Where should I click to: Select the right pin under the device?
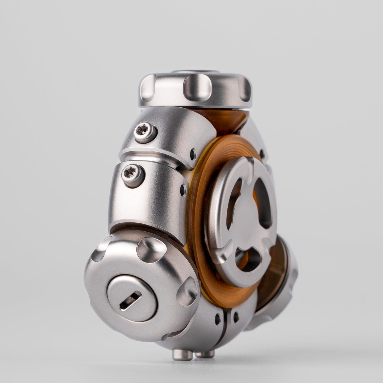(205, 354)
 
